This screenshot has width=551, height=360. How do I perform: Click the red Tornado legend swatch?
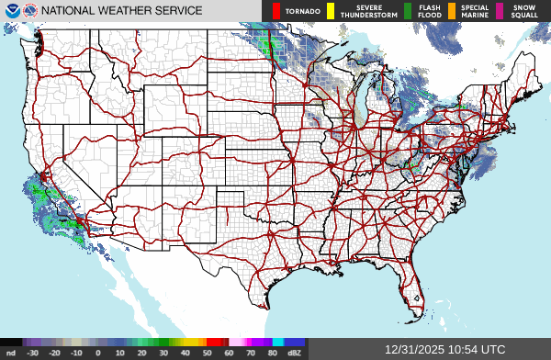276,11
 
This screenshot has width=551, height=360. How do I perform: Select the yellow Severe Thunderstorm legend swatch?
330,11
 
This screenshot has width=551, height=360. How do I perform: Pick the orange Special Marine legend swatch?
451,11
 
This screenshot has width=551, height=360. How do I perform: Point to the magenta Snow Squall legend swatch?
500,11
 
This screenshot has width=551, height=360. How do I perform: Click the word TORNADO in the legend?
303,11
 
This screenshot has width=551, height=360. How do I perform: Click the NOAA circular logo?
11,11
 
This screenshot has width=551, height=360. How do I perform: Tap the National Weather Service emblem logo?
30,11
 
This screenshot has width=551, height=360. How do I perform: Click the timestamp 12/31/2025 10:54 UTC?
445,350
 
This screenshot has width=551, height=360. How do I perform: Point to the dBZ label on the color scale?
294,353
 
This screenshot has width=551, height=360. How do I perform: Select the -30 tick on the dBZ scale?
33,353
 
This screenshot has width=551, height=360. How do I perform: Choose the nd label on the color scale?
10,353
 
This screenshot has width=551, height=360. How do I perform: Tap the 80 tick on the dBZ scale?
272,353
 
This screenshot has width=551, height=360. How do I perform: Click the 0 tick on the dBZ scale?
98,353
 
